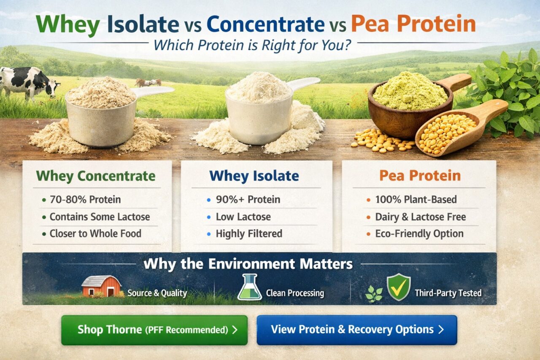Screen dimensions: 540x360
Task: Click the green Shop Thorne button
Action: click(x=154, y=330)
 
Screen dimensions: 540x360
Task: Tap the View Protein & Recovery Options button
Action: click(x=357, y=330)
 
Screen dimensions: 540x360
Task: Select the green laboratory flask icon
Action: click(x=250, y=287)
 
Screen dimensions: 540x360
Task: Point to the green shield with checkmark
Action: click(x=399, y=287)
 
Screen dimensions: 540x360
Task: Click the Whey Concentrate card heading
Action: click(x=96, y=176)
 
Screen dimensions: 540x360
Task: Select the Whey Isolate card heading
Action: click(x=254, y=176)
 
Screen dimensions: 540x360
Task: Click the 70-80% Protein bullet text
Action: click(x=85, y=199)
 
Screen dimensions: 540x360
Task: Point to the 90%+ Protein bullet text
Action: click(x=248, y=199)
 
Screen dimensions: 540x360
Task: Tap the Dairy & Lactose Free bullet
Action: click(x=421, y=217)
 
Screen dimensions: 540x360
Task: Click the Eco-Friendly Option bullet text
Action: click(x=419, y=234)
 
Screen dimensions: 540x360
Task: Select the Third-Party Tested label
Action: click(x=448, y=293)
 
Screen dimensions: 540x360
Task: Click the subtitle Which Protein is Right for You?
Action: click(x=252, y=45)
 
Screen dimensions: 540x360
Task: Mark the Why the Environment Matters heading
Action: click(x=248, y=263)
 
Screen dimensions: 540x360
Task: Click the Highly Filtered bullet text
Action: click(x=249, y=234)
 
